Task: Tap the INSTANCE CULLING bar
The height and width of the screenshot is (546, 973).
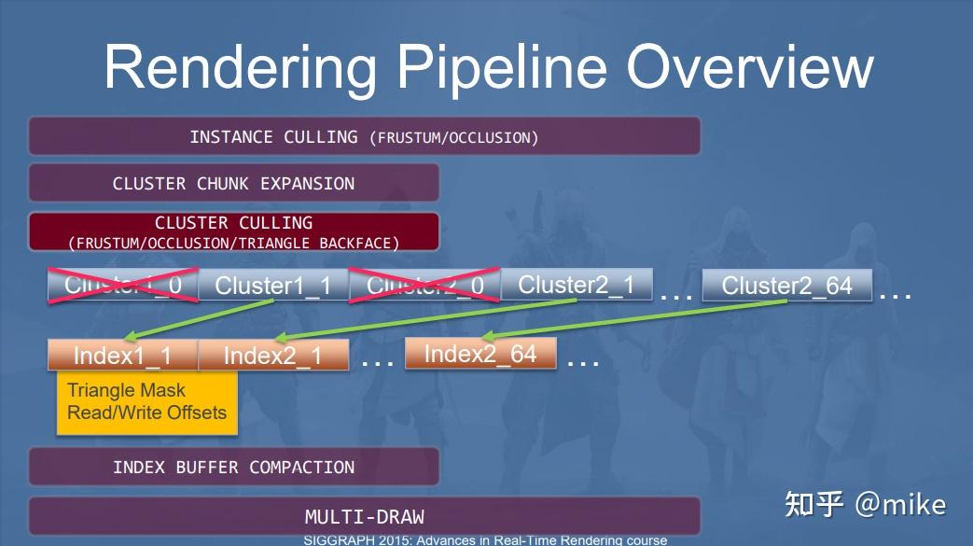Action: pyautogui.click(x=364, y=137)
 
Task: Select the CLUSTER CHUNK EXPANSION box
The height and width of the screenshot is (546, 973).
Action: pyautogui.click(x=233, y=183)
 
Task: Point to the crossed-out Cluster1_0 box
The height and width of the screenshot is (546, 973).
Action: pyautogui.click(x=123, y=286)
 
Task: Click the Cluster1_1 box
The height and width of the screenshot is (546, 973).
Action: pyautogui.click(x=273, y=286)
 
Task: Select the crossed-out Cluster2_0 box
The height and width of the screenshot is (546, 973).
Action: pyautogui.click(x=424, y=286)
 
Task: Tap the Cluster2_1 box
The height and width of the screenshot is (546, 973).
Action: pyautogui.click(x=576, y=285)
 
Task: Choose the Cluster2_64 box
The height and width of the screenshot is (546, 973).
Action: pyautogui.click(x=786, y=285)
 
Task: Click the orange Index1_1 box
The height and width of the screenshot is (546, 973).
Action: pyautogui.click(x=122, y=356)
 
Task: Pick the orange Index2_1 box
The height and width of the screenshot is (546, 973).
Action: pyautogui.click(x=273, y=356)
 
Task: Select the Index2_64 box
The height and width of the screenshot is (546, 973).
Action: pyautogui.click(x=480, y=354)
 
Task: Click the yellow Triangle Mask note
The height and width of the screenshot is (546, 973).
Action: pyautogui.click(x=146, y=402)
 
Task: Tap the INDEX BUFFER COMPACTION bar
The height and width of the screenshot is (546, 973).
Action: pyautogui.click(x=233, y=467)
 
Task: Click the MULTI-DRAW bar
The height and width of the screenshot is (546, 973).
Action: pyautogui.click(x=364, y=516)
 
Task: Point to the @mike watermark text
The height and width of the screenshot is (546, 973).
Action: pyautogui.click(x=900, y=505)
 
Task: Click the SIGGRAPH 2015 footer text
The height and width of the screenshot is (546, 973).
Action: pyautogui.click(x=485, y=540)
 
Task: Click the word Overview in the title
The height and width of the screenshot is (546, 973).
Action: pyautogui.click(x=748, y=67)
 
